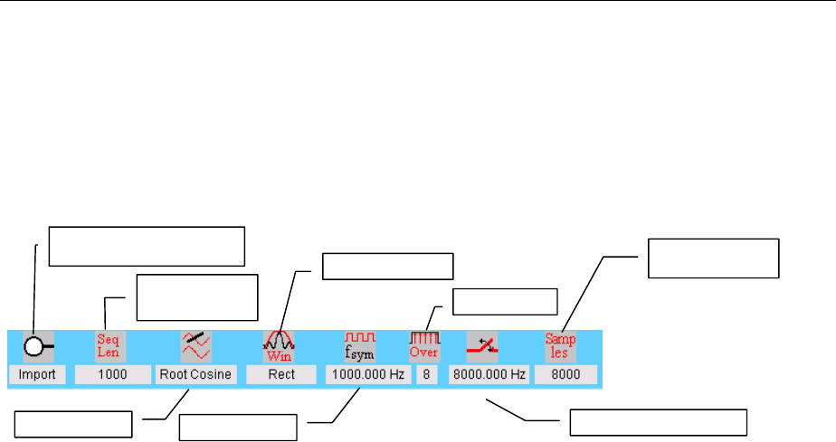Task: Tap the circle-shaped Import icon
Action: click(x=36, y=346)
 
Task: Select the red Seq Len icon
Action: click(x=109, y=345)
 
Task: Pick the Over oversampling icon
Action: click(x=424, y=345)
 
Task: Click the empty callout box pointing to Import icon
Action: click(x=147, y=245)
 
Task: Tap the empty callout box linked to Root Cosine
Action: click(x=74, y=422)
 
